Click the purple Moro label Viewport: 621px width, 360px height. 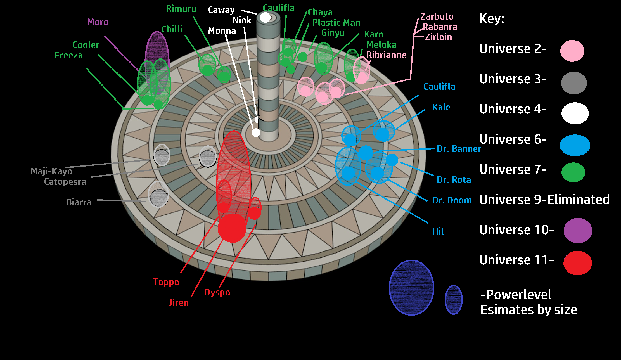[98, 22]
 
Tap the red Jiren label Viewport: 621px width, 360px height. [179, 302]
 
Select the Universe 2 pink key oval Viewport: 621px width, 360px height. [572, 51]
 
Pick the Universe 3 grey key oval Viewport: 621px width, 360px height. [574, 83]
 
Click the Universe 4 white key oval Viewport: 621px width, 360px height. [575, 113]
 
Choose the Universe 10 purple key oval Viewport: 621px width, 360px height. [578, 231]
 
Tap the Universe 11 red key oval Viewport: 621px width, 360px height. [577, 263]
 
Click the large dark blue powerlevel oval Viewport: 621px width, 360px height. [411, 288]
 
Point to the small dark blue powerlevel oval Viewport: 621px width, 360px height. [454, 300]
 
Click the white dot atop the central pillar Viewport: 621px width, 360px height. [265, 18]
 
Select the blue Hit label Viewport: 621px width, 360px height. [438, 231]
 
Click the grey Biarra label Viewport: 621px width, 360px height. [79, 202]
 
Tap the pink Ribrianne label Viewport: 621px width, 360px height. [386, 55]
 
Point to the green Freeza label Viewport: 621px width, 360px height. [68, 55]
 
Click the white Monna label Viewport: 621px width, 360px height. [222, 31]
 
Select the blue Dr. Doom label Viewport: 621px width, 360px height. [452, 200]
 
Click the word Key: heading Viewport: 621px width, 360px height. [492, 19]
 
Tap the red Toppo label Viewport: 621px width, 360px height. [166, 282]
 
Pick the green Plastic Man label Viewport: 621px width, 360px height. [336, 23]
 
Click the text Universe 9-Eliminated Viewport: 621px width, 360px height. [544, 200]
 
